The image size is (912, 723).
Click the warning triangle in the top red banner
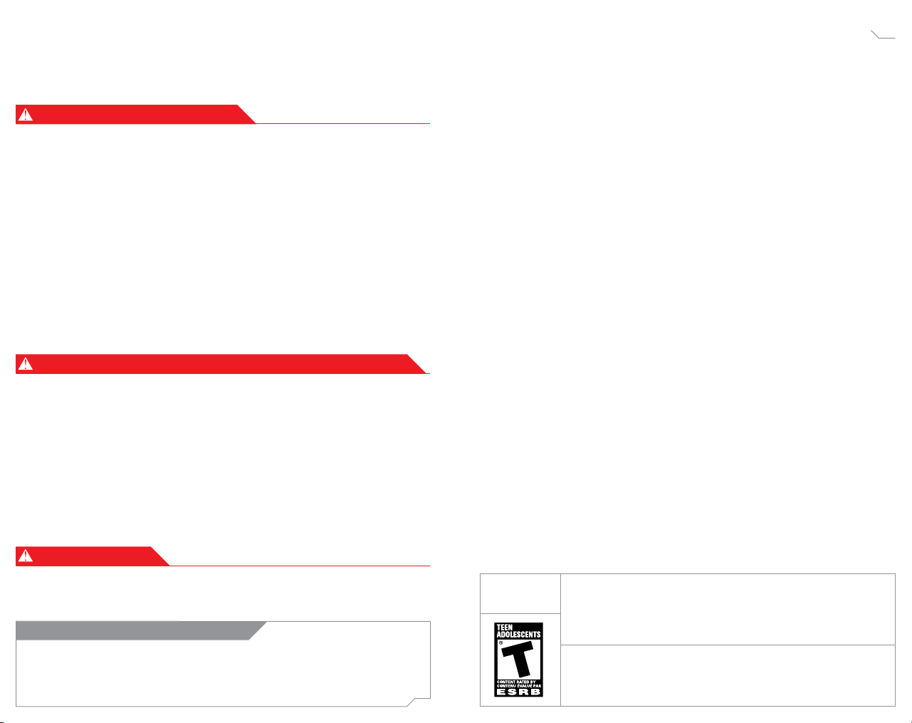26,115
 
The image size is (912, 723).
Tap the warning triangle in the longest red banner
26,364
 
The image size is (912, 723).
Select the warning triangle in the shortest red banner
26,556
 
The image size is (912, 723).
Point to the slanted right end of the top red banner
246,115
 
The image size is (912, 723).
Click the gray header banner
135,630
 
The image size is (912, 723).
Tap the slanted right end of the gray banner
257,630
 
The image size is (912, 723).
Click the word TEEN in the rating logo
505,628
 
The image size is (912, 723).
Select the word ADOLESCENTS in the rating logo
518,635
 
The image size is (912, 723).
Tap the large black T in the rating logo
519,659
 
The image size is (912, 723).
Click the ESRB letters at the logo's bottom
518,692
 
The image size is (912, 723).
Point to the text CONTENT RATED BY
517,682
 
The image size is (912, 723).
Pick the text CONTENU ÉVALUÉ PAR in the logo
518,686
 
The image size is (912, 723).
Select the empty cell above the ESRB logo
520,593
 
